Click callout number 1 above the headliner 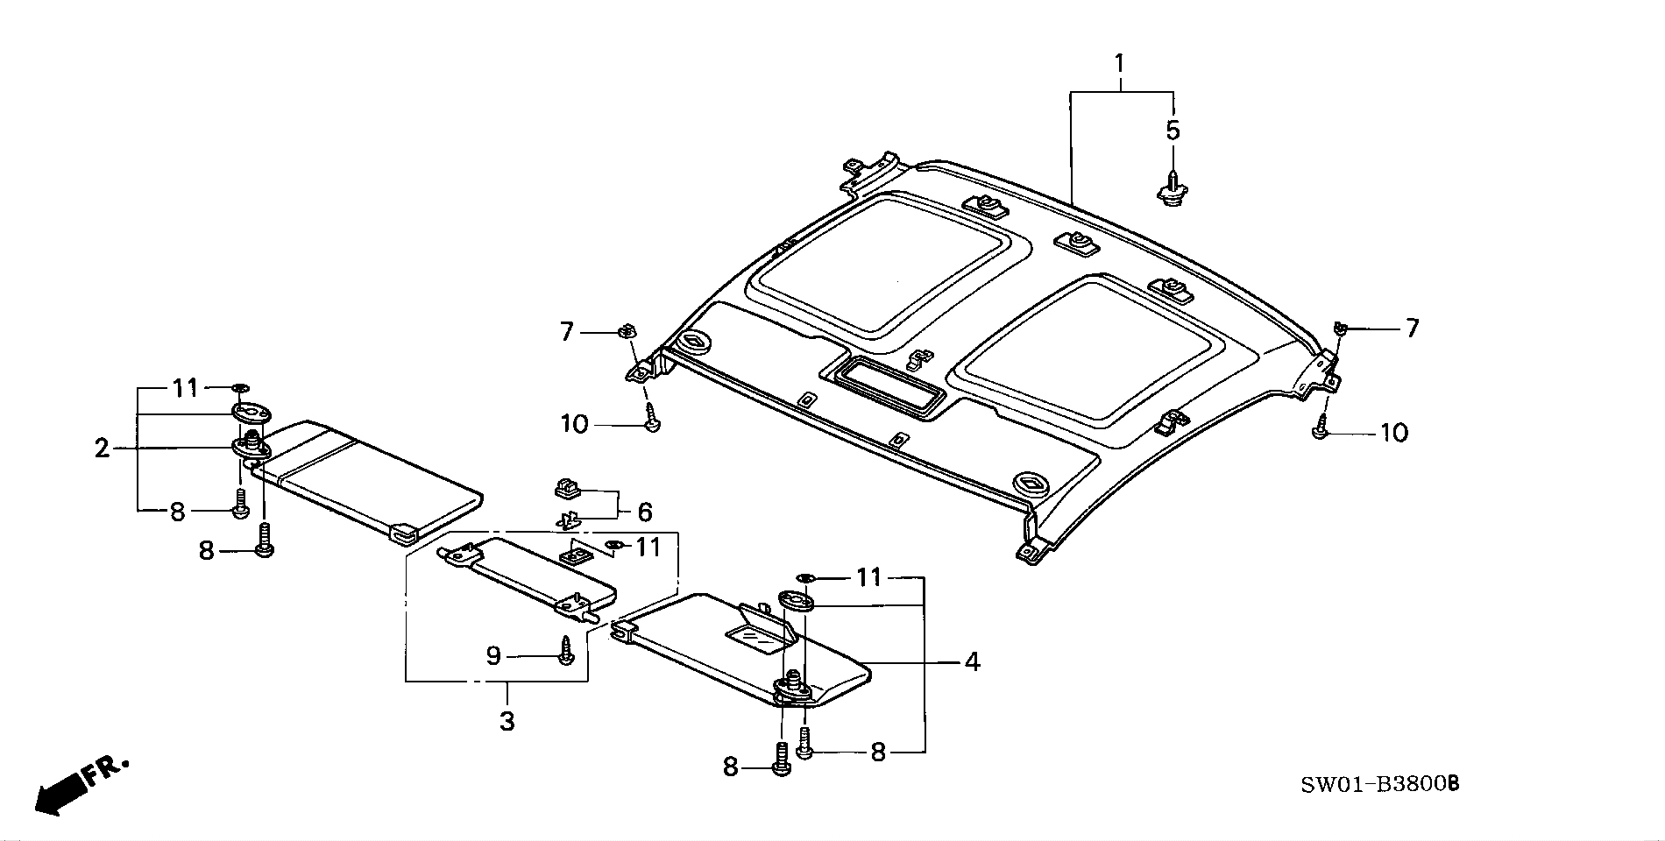click(x=1119, y=63)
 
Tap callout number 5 click(x=1173, y=131)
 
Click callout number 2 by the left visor click(x=103, y=449)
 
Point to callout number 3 click(x=507, y=722)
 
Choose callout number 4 click(x=972, y=661)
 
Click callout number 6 click(x=645, y=511)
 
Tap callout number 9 click(x=493, y=655)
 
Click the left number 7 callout click(x=566, y=332)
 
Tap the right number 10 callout click(x=1393, y=433)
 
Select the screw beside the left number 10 click(x=651, y=418)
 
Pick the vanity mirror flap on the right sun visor click(x=761, y=633)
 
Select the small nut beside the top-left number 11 click(x=240, y=386)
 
